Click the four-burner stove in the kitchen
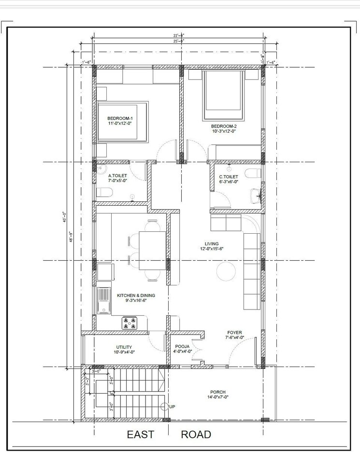[x=129, y=323]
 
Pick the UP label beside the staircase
[x=172, y=407]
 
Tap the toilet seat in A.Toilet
[x=103, y=193]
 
